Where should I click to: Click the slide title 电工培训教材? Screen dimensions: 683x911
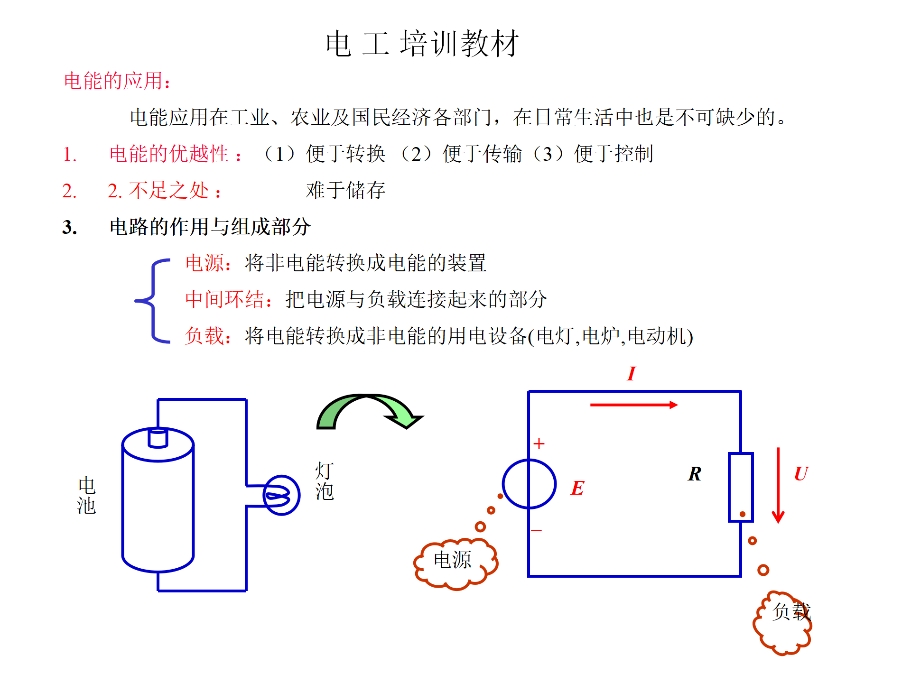(422, 44)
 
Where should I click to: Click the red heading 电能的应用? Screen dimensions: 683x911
(117, 81)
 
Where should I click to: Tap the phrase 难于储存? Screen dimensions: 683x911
(345, 191)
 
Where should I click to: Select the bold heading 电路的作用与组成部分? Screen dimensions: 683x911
(210, 227)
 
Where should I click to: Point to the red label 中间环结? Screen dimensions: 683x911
(225, 300)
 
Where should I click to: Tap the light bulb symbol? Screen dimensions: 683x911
(281, 495)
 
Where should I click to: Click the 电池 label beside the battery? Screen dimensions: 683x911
(86, 496)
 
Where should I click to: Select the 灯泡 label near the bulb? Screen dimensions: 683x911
(325, 481)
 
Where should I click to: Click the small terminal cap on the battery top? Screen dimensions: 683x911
(158, 437)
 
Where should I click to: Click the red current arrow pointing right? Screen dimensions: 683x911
(633, 405)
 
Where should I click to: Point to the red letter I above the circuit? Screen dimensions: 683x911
(631, 374)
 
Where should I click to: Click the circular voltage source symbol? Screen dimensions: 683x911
(529, 484)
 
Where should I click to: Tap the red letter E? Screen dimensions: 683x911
(577, 488)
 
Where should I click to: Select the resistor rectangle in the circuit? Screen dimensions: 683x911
(741, 487)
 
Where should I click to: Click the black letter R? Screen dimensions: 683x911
(694, 474)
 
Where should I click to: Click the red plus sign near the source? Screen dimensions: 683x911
(539, 444)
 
